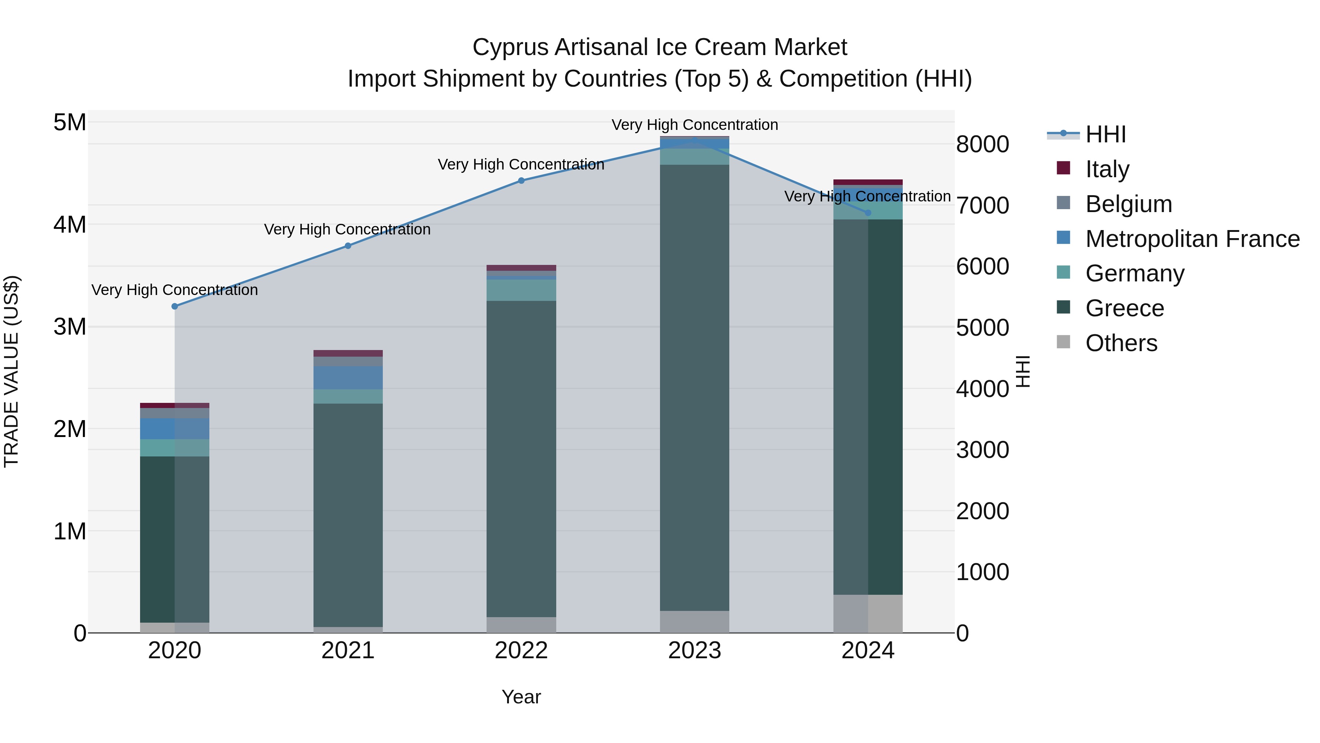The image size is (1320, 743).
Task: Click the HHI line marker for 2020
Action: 175,306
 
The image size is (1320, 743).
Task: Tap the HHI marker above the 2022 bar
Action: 521,181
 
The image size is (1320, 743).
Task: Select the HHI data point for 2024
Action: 868,213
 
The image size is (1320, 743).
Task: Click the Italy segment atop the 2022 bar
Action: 521,268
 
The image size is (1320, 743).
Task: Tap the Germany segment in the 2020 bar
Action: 175,448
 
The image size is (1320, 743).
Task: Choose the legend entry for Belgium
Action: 1128,204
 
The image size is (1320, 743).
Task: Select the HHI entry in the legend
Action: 1105,134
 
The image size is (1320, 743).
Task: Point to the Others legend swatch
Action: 1063,342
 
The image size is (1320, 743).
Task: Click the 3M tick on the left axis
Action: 70,327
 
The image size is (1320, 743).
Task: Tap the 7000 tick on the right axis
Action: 982,205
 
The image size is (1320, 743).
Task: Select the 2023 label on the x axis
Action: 694,651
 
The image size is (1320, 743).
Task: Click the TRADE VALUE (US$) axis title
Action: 11,371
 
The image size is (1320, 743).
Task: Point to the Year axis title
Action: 521,697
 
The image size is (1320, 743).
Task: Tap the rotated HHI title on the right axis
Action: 1022,371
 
